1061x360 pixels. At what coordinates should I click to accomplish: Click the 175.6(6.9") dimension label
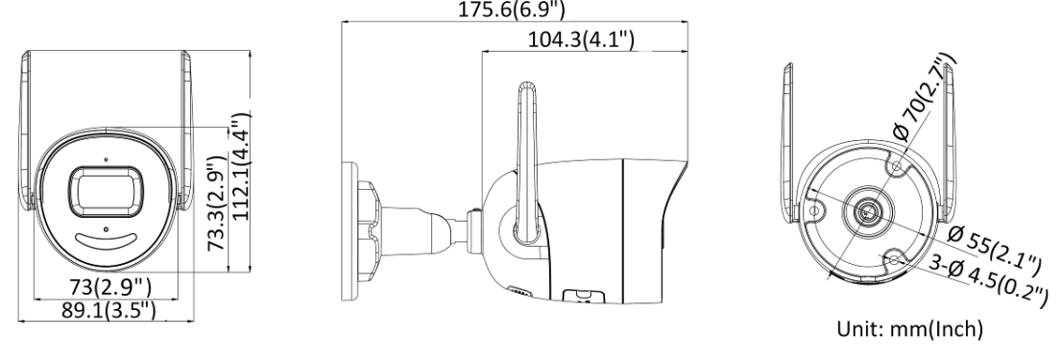[512, 10]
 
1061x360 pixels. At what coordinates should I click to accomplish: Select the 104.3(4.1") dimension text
[581, 39]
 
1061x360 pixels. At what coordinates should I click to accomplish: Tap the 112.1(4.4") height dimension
[240, 166]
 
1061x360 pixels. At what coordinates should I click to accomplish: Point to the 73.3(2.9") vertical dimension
[216, 203]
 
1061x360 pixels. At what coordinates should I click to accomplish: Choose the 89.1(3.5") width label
[109, 310]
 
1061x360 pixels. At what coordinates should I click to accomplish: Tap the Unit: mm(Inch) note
[910, 329]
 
